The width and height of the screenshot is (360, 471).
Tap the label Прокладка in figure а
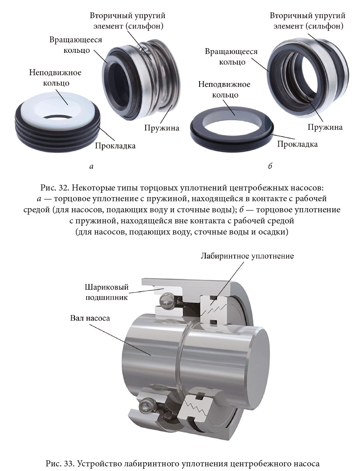click(x=115, y=146)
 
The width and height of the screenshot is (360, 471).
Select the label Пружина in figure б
click(x=325, y=127)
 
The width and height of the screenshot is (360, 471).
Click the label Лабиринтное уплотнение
click(x=247, y=256)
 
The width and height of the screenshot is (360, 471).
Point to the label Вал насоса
click(x=90, y=318)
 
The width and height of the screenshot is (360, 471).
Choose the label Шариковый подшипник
click(x=106, y=292)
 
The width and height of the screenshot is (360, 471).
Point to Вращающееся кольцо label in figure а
click(x=76, y=45)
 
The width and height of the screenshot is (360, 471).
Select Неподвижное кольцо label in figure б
click(x=224, y=90)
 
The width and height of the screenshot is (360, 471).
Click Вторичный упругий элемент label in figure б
click(x=308, y=21)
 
